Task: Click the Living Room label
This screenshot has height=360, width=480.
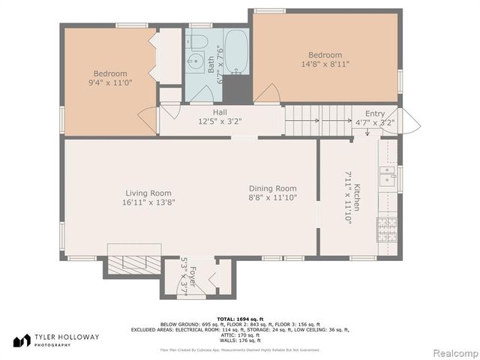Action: click(x=148, y=193)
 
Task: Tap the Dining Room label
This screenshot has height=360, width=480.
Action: click(x=273, y=188)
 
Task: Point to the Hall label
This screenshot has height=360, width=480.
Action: click(x=219, y=112)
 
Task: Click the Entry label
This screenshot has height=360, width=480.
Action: click(x=374, y=113)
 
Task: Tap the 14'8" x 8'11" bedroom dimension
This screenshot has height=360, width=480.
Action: click(x=325, y=64)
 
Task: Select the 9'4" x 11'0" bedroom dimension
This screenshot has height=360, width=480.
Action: click(x=109, y=83)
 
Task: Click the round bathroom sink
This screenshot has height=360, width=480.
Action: click(x=196, y=62)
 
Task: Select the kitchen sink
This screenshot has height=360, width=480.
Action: click(x=387, y=176)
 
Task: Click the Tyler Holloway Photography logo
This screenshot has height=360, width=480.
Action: click(x=56, y=340)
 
